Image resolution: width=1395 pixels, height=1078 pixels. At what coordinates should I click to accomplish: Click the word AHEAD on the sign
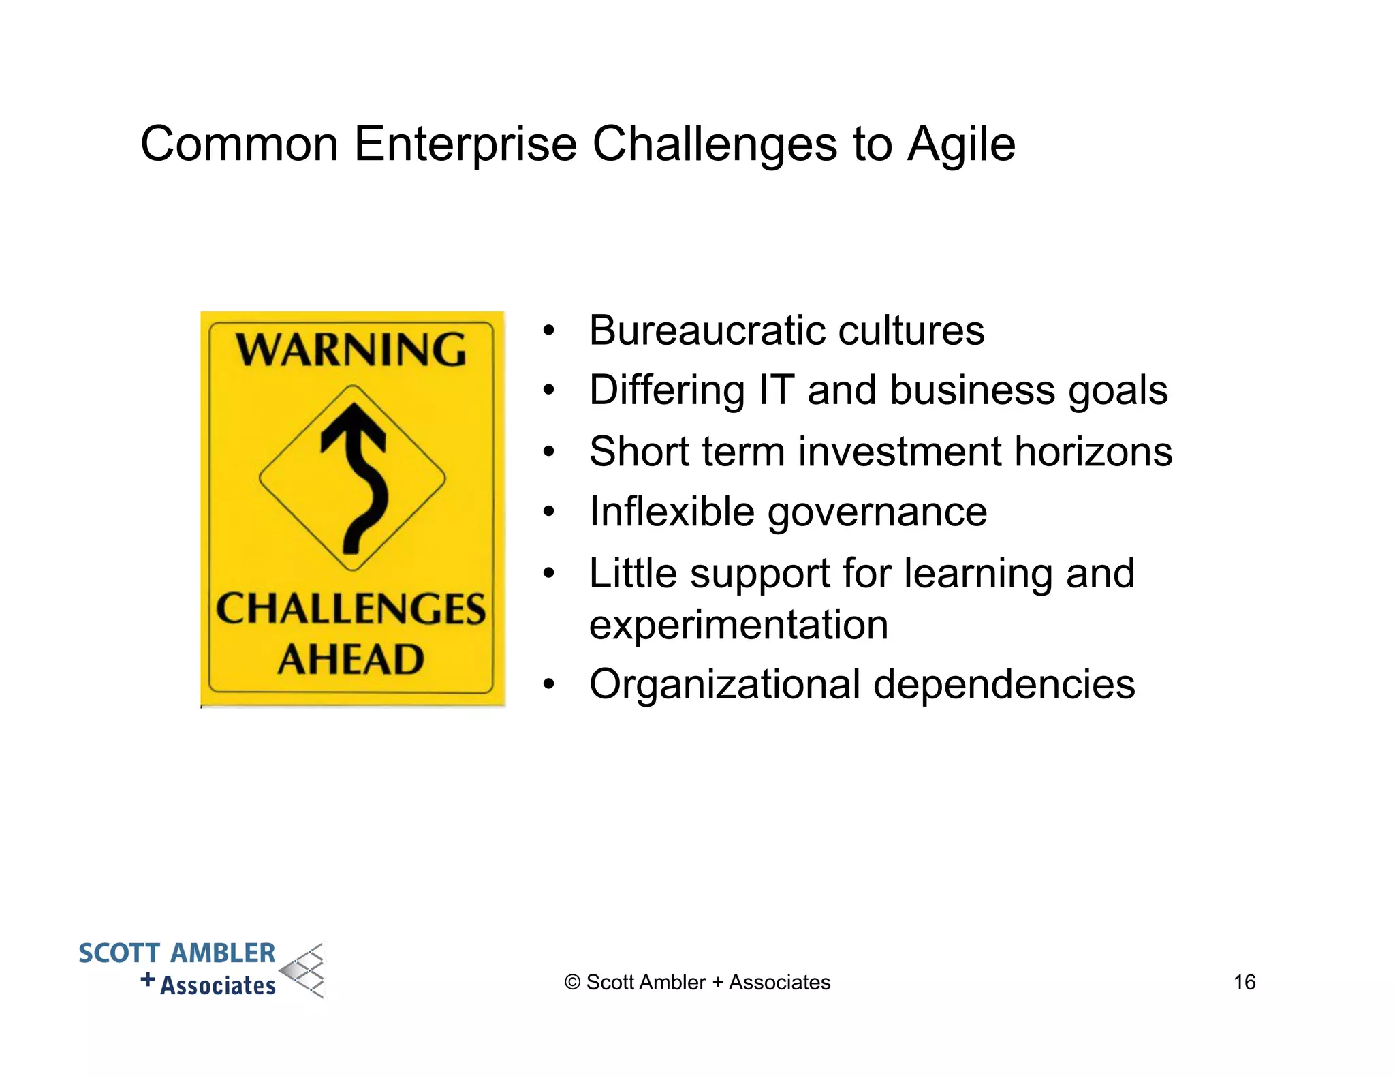(351, 660)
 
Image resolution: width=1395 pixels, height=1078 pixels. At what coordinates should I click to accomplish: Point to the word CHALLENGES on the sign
(351, 609)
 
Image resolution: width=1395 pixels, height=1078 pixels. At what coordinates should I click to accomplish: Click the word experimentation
(738, 625)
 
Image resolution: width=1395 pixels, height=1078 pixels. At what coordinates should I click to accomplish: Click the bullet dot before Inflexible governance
(549, 512)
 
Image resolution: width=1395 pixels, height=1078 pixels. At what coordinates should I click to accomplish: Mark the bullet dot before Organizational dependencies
(549, 684)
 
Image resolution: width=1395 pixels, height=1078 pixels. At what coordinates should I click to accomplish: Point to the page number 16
(1244, 982)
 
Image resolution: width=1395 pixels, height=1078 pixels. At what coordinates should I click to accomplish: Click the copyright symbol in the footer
(572, 983)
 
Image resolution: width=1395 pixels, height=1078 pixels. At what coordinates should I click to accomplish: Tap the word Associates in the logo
(218, 985)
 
